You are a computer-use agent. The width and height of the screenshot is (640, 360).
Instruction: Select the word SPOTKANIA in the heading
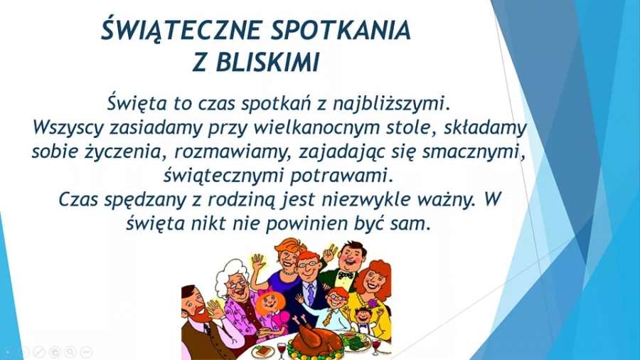341,31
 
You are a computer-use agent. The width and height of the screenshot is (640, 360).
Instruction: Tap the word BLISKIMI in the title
267,63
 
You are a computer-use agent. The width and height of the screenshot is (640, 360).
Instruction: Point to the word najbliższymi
391,104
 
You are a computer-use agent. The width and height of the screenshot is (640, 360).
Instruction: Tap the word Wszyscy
68,128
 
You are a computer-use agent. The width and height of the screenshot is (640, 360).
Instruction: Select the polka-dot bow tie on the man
346,275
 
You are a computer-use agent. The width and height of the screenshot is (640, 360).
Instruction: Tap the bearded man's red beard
199,314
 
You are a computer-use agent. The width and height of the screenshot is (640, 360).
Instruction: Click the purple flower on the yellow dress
373,304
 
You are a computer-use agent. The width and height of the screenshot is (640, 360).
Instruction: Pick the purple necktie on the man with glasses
311,295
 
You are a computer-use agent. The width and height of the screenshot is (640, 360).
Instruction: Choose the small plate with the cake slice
262,351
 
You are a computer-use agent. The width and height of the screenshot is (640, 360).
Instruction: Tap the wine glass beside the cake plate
282,350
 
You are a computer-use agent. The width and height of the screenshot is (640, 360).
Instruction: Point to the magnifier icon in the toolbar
70,351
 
